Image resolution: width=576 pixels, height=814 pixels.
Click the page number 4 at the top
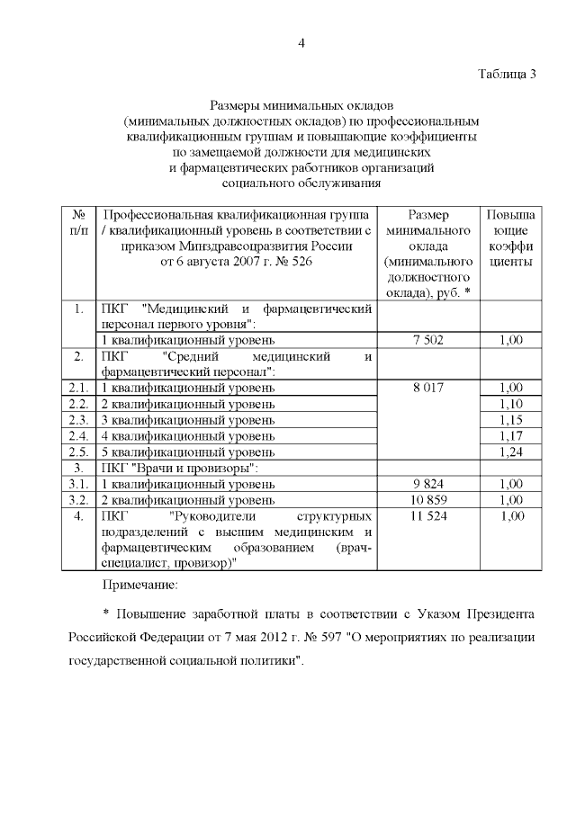[x=302, y=43]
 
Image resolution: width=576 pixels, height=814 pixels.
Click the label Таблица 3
[x=506, y=74]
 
